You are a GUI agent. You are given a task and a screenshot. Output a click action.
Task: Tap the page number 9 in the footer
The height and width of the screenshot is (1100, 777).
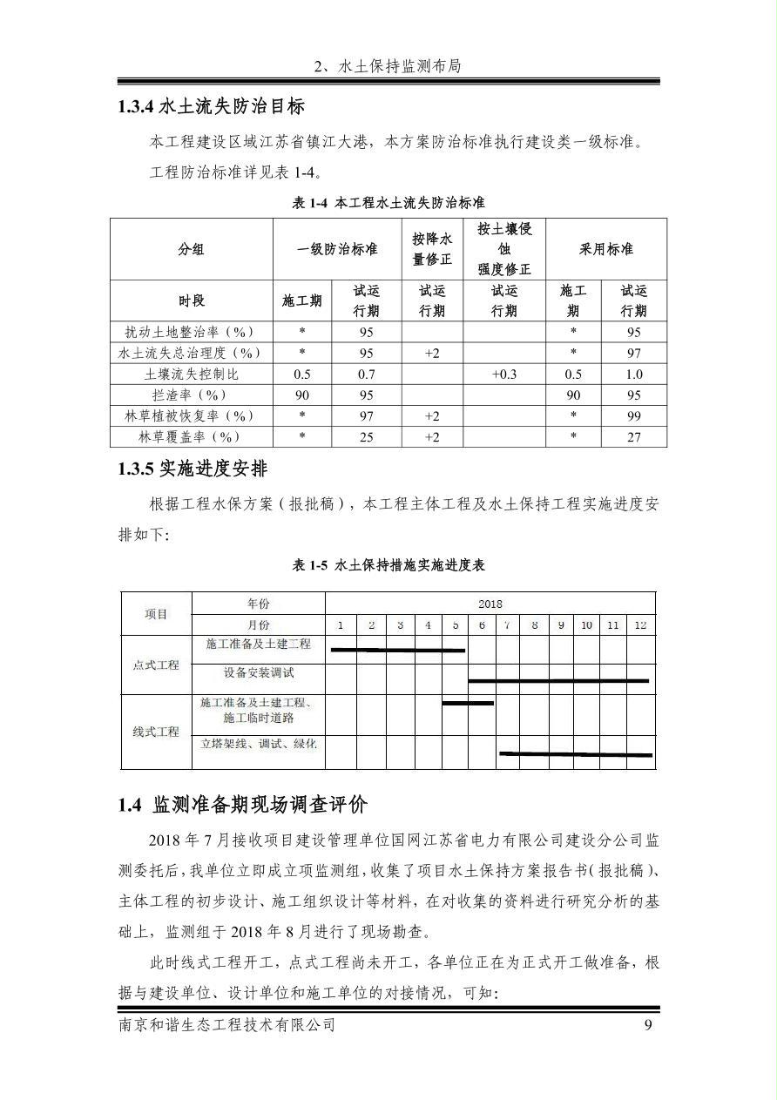coord(648,1025)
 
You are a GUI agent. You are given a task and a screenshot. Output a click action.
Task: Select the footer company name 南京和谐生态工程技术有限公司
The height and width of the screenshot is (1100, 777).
coord(226,1025)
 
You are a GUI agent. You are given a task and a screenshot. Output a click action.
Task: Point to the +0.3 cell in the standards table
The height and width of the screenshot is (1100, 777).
coord(503,374)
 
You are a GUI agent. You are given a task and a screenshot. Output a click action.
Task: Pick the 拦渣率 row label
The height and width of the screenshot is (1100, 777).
coord(191,395)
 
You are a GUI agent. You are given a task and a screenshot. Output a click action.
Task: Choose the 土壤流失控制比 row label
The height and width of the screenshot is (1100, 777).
coord(191,374)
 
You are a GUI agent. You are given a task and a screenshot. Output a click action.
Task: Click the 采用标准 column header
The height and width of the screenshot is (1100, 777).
coord(606,249)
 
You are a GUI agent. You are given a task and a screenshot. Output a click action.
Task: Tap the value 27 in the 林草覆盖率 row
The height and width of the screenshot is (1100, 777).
coord(633,436)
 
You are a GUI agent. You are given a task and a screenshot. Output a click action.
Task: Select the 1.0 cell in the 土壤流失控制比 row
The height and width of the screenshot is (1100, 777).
coord(633,374)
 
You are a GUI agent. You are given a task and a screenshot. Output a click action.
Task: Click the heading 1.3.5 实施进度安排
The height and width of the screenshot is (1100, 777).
coord(193,469)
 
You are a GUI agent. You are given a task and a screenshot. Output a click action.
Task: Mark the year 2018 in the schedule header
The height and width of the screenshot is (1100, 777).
coord(490,604)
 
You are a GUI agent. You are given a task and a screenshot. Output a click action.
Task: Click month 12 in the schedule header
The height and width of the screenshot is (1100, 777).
coord(640,624)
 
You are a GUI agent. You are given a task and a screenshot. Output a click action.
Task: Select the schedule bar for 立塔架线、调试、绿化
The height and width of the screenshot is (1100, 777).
coord(575,753)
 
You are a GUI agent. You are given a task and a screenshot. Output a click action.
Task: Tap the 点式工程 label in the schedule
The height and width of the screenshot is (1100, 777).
coord(156,665)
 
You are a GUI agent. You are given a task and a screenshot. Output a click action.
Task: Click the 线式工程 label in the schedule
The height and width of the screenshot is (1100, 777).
coord(156,732)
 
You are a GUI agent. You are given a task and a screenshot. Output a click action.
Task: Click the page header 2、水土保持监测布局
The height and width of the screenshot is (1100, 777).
coord(388,66)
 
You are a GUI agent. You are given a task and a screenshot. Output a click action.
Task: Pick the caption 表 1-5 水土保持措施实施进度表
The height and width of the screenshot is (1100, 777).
coord(388,565)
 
